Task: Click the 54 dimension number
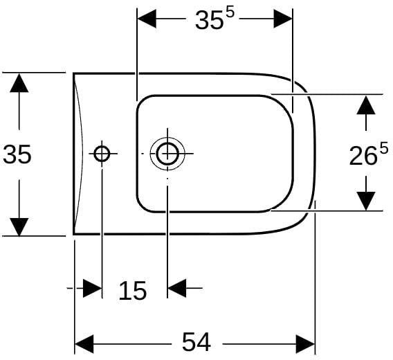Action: (196, 342)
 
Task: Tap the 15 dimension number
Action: (133, 291)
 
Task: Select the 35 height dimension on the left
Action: (17, 154)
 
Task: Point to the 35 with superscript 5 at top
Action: (214, 19)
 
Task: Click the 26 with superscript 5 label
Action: (368, 154)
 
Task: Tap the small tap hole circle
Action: (102, 154)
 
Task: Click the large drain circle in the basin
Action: (167, 154)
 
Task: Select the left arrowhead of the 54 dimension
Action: (84, 344)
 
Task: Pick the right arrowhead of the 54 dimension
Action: (305, 344)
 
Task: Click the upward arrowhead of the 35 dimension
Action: (19, 83)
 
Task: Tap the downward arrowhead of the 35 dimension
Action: (19, 227)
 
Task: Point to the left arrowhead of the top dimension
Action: (147, 19)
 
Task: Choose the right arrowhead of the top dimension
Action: (283, 19)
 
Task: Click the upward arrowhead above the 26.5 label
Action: (366, 105)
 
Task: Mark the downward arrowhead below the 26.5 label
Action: (366, 201)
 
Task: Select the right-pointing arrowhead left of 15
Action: (92, 288)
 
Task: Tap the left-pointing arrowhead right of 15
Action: (177, 288)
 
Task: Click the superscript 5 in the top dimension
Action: (230, 14)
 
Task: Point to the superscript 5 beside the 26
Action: (384, 147)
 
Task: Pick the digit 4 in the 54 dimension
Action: (203, 342)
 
